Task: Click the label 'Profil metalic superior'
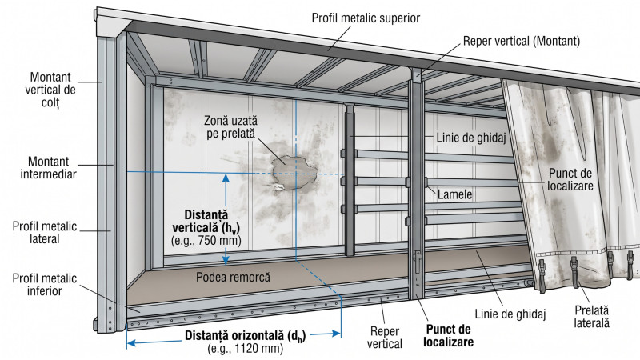pyautogui.click(x=366, y=18)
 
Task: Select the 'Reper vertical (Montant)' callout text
pyautogui.click(x=522, y=42)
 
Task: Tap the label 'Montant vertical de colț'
pyautogui.click(x=50, y=90)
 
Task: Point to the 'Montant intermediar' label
pyautogui.click(x=48, y=168)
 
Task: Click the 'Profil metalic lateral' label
pyautogui.click(x=45, y=232)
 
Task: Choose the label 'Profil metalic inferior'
pyautogui.click(x=45, y=285)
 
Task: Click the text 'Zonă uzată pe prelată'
pyautogui.click(x=230, y=127)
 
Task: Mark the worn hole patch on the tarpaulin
pyautogui.click(x=294, y=172)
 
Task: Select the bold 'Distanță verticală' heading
pyautogui.click(x=206, y=222)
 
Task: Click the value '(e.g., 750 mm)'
pyautogui.click(x=206, y=241)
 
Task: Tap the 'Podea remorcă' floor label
pyautogui.click(x=233, y=277)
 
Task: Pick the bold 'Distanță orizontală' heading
pyautogui.click(x=245, y=336)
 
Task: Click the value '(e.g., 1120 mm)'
pyautogui.click(x=245, y=349)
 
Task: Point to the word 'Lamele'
pyautogui.click(x=454, y=194)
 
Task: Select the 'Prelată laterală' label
pyautogui.click(x=591, y=317)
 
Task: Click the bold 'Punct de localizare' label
pyautogui.click(x=448, y=335)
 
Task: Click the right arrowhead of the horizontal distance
pyautogui.click(x=336, y=334)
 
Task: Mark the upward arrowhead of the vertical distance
pyautogui.click(x=226, y=178)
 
